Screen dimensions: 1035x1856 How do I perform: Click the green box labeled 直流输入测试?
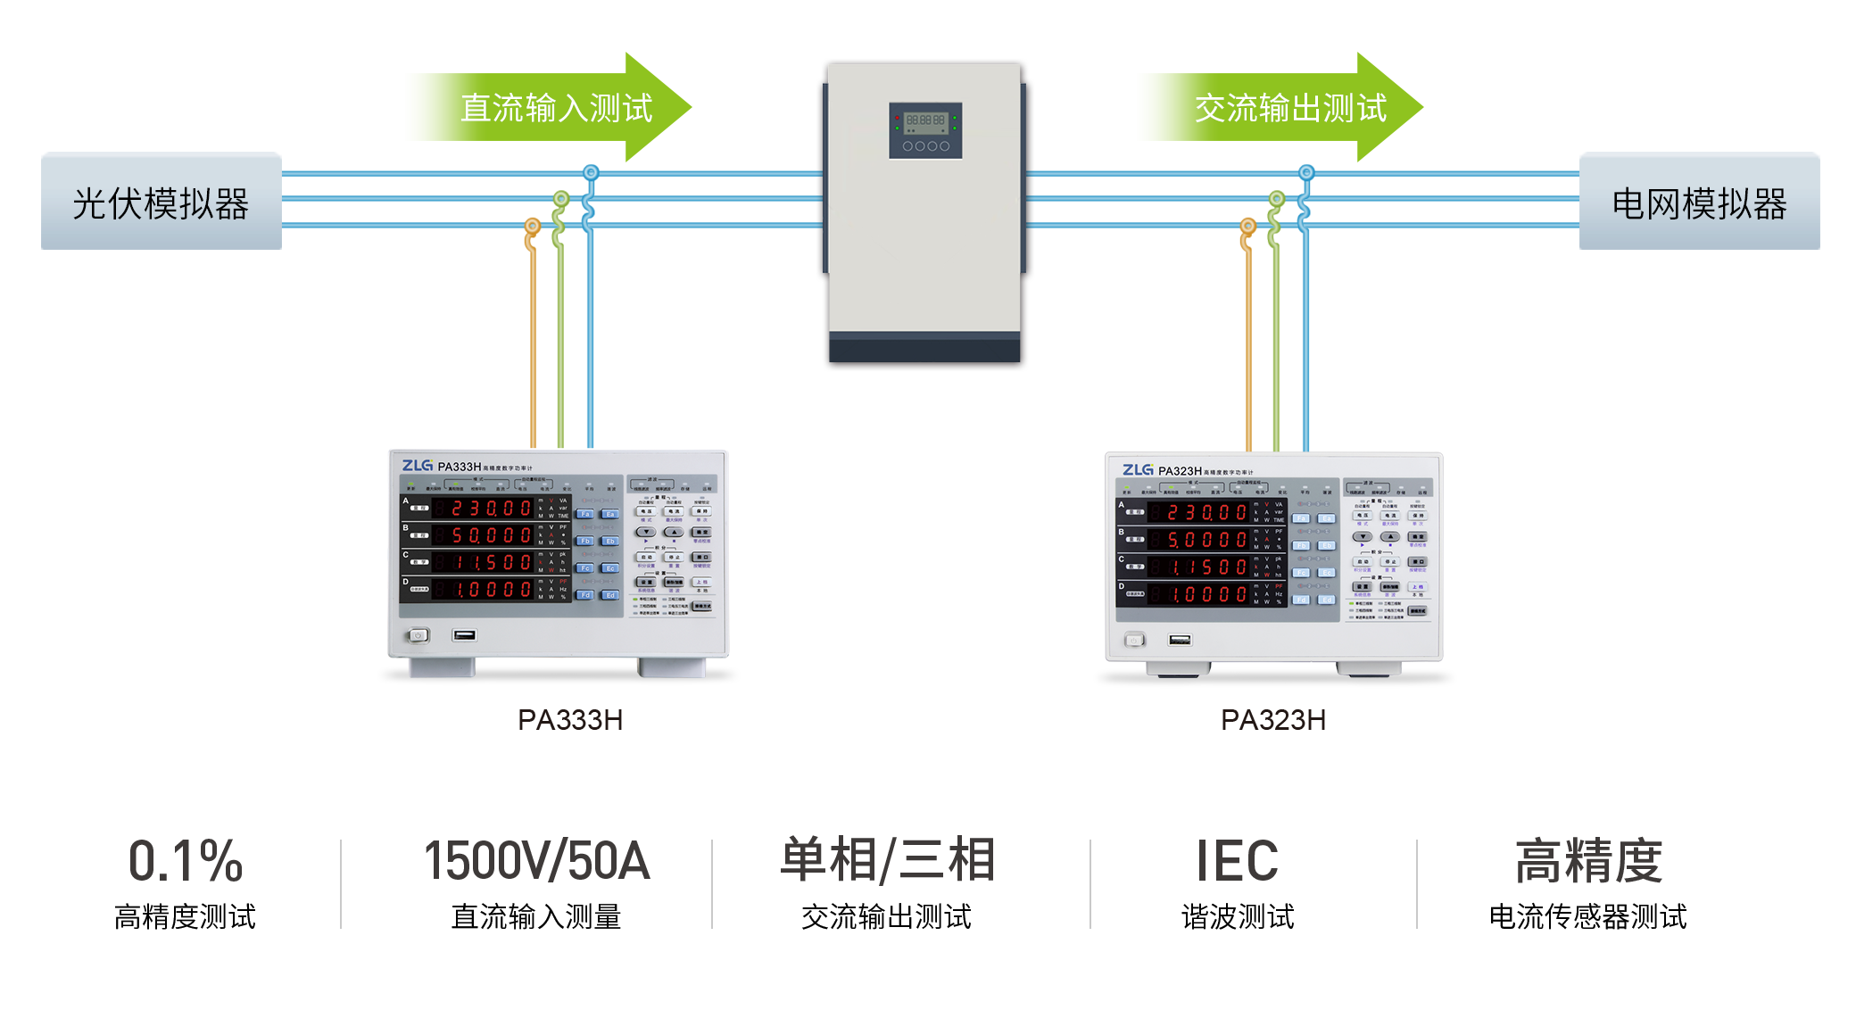[x=548, y=107]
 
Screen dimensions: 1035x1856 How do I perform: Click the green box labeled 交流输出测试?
[x=1280, y=107]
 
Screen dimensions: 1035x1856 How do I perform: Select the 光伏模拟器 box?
[x=162, y=202]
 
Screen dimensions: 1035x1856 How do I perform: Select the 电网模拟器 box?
[x=1699, y=202]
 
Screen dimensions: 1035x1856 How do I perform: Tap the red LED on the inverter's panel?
[x=897, y=118]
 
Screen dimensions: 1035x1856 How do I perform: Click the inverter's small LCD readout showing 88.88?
[x=925, y=120]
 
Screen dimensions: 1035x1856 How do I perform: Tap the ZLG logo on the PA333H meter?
[x=417, y=466]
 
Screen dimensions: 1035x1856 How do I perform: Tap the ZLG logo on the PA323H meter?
[x=1138, y=470]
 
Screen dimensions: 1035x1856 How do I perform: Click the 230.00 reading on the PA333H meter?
[x=491, y=509]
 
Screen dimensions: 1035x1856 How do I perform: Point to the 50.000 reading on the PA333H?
[x=491, y=535]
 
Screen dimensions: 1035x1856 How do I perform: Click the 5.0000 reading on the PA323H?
[x=1206, y=540]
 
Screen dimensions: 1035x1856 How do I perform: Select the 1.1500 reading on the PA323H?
[x=1206, y=567]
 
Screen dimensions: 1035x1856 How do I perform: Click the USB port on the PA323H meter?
[x=1180, y=640]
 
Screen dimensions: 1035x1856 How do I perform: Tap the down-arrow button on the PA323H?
[x=1362, y=537]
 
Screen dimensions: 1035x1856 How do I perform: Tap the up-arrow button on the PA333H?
[x=674, y=533]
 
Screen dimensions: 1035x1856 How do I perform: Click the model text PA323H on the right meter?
[x=1180, y=471]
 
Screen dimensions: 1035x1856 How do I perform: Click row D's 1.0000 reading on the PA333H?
[x=491, y=590]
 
